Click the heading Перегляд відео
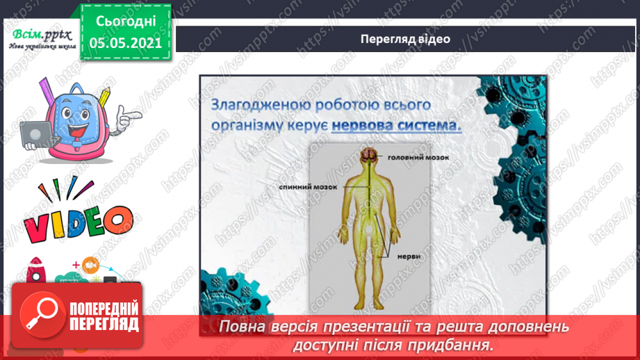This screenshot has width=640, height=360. (x=405, y=39)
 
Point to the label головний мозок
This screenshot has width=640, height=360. (x=418, y=157)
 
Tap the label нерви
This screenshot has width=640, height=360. (x=409, y=256)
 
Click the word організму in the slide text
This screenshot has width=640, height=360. (x=243, y=126)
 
